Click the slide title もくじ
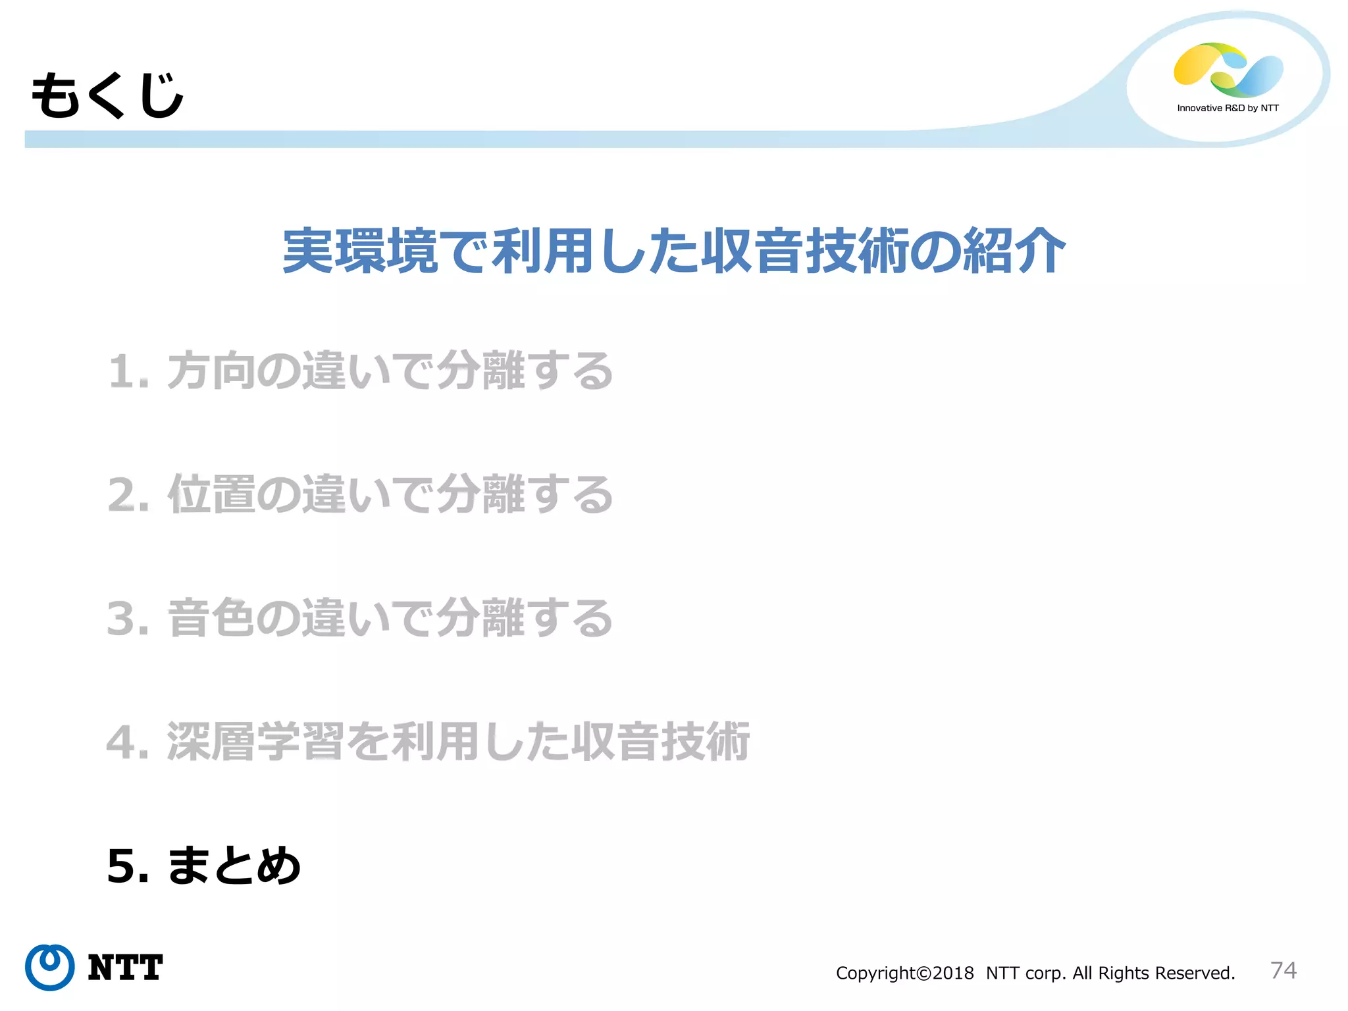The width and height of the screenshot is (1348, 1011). click(x=107, y=96)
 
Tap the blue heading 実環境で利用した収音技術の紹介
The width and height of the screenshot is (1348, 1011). click(x=673, y=251)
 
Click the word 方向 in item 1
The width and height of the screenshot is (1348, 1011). click(x=211, y=371)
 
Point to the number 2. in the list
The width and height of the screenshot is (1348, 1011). click(x=129, y=495)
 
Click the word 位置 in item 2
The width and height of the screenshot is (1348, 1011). click(x=211, y=494)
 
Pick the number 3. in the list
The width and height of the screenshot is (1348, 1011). click(x=128, y=619)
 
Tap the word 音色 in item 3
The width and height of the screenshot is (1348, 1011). click(x=211, y=618)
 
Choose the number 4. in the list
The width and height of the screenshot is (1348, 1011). click(x=128, y=742)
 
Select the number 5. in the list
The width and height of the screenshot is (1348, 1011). click(x=128, y=866)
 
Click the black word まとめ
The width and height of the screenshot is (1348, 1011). click(x=234, y=866)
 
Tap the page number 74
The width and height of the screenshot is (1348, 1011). click(x=1283, y=970)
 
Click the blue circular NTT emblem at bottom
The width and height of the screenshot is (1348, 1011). click(x=49, y=967)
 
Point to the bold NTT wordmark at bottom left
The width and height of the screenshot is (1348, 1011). click(x=125, y=968)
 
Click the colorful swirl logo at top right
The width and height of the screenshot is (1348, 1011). click(x=1228, y=70)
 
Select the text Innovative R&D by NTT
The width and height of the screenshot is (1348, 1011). click(x=1228, y=108)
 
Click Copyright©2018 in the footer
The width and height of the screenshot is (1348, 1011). click(x=904, y=973)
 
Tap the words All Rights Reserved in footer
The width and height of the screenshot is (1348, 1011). click(x=1153, y=973)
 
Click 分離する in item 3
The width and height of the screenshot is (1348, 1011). click(x=525, y=618)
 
